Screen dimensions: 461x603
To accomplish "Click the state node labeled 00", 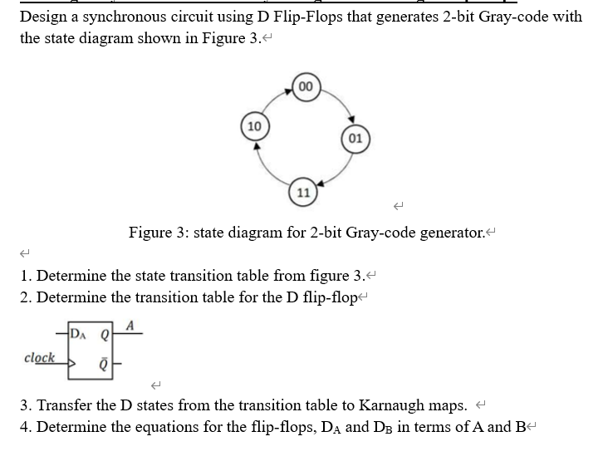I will [306, 86].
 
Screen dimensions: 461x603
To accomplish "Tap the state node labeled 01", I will [354, 137].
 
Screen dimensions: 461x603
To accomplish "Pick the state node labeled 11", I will [303, 191].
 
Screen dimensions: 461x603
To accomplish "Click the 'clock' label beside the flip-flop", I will [40, 358].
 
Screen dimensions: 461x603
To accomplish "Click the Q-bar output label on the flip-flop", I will [105, 363].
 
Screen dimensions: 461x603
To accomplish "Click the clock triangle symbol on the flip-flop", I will [72, 363].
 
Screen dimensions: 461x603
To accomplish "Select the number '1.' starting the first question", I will [27, 277].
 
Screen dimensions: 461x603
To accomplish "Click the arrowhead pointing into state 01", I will [352, 118].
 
